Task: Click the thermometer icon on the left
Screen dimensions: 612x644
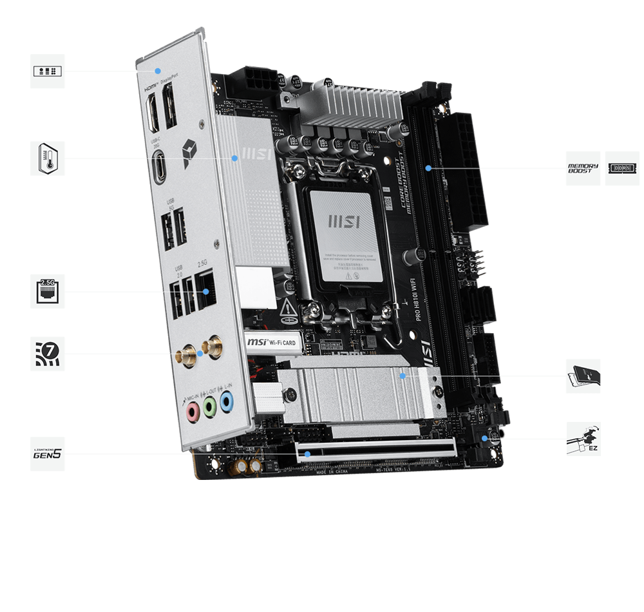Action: [48, 158]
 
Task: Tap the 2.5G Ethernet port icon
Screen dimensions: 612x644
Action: [48, 291]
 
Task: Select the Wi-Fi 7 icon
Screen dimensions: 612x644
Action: [48, 353]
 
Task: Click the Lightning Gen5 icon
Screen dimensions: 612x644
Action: [48, 454]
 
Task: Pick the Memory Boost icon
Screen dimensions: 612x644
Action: [583, 169]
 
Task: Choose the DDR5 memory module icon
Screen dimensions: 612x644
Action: [621, 169]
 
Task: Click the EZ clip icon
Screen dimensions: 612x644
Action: [583, 439]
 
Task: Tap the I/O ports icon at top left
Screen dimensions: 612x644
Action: [48, 72]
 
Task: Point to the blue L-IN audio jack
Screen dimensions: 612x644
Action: [226, 403]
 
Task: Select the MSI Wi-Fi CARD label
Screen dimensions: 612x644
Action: [272, 343]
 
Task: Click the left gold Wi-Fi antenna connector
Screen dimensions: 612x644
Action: [184, 354]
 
